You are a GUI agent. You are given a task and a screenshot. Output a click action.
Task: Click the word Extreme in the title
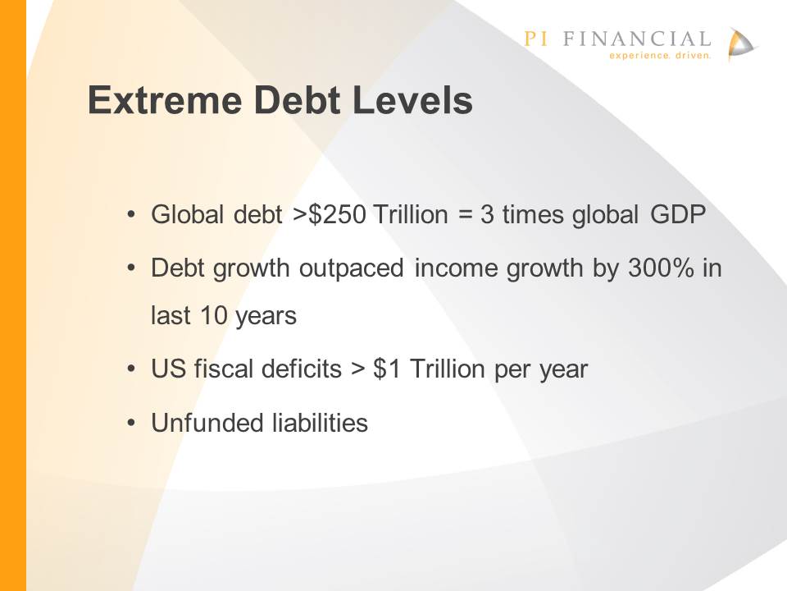pyautogui.click(x=165, y=100)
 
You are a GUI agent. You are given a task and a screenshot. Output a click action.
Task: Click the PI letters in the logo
pyautogui.click(x=535, y=39)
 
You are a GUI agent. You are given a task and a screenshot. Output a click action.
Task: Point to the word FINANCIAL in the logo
pyautogui.click(x=637, y=39)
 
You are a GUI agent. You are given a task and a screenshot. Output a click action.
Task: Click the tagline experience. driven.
pyautogui.click(x=660, y=55)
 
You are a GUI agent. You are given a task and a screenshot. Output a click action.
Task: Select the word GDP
pyautogui.click(x=678, y=214)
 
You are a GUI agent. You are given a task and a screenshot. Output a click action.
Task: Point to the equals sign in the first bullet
pyautogui.click(x=466, y=215)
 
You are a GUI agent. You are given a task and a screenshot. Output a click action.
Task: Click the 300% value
pyautogui.click(x=661, y=268)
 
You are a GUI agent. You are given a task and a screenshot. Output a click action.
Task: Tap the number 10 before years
pyautogui.click(x=214, y=315)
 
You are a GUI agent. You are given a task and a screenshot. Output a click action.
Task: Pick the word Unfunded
pyautogui.click(x=207, y=422)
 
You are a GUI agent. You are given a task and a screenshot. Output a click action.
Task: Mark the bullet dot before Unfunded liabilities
pyautogui.click(x=131, y=424)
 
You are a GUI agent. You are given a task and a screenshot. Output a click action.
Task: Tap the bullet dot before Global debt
pyautogui.click(x=131, y=215)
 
